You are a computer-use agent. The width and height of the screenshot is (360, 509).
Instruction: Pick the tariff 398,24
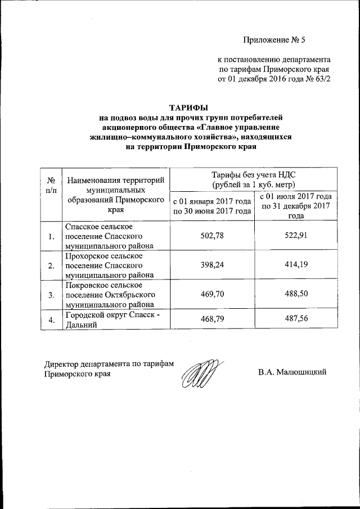pyautogui.click(x=212, y=265)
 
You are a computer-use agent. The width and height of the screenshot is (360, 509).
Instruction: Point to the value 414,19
pyautogui.click(x=296, y=265)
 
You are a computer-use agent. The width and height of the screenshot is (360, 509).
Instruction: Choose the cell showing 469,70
pyautogui.click(x=212, y=294)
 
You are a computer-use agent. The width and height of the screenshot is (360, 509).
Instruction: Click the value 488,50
pyautogui.click(x=296, y=294)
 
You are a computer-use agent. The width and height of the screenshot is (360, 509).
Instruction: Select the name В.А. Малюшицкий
pyautogui.click(x=292, y=372)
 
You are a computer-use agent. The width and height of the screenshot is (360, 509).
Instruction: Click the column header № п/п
pyautogui.click(x=51, y=186)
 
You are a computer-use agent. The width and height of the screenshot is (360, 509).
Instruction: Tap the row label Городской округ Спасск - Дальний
pyautogui.click(x=111, y=319)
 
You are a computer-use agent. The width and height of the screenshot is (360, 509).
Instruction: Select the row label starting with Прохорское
pyautogui.click(x=107, y=265)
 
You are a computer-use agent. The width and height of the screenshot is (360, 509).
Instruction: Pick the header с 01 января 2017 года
pyautogui.click(x=211, y=206)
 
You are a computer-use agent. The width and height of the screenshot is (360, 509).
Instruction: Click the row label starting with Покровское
pyautogui.click(x=110, y=294)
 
